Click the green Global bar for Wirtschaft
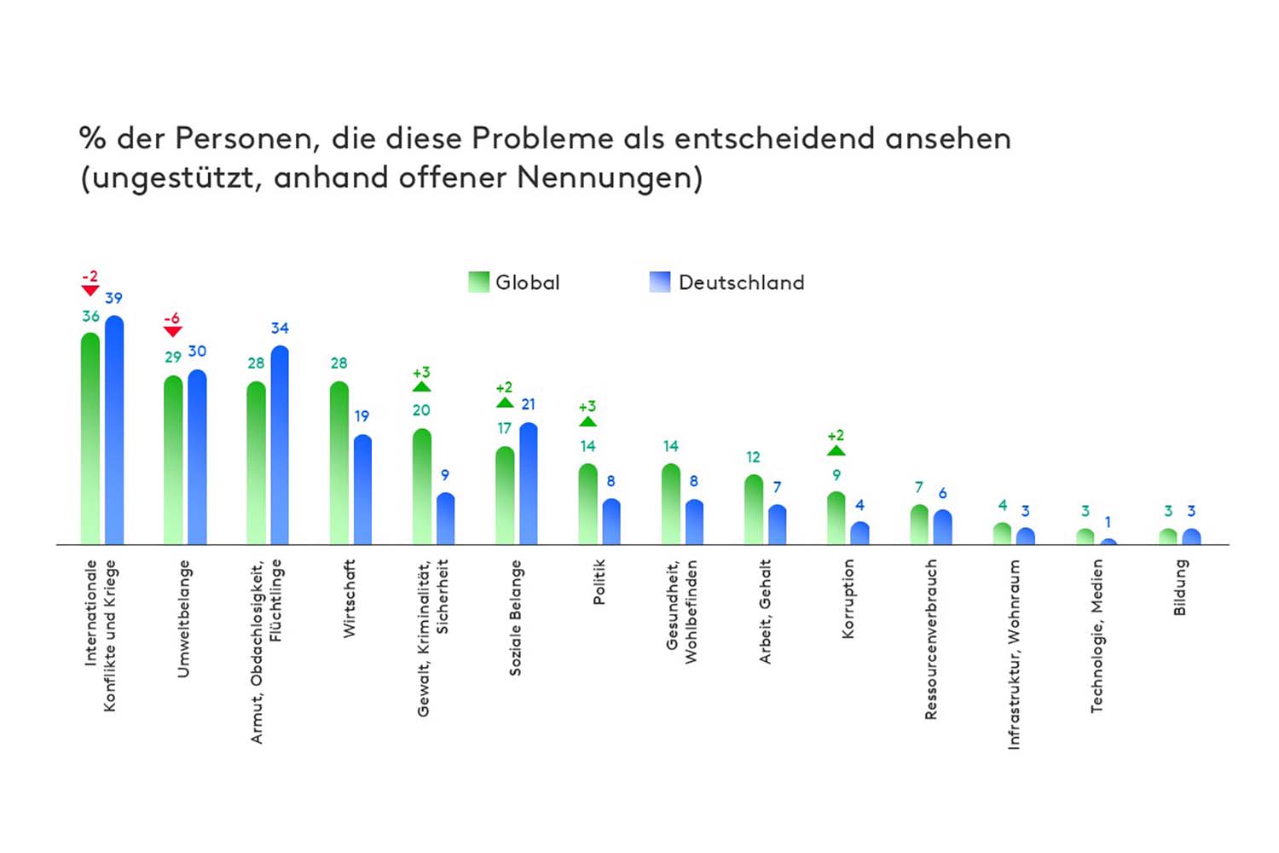339,465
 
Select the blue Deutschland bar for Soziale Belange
528,485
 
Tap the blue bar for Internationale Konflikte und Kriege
113,431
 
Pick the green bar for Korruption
836,519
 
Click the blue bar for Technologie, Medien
1108,541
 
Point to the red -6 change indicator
172,324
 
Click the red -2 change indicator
90,282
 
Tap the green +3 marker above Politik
587,413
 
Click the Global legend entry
514,282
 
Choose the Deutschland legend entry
726,282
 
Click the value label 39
113,298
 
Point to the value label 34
280,328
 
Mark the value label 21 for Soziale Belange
528,404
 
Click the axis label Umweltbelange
182,618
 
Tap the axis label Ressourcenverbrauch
930,639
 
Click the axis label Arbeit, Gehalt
765,611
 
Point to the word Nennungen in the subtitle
609,177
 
